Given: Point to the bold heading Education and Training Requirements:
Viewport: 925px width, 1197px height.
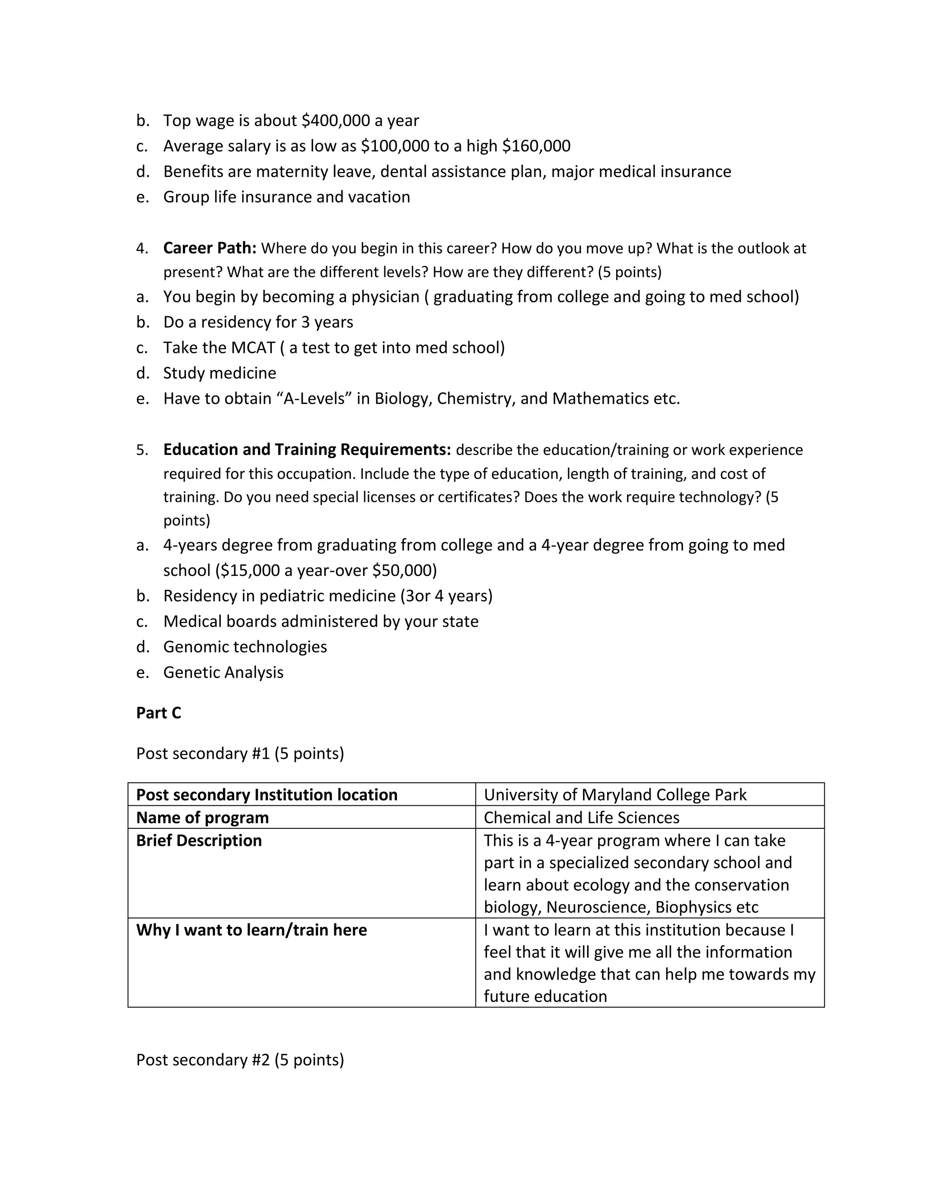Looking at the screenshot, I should (307, 449).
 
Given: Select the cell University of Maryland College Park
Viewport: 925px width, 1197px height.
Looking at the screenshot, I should (615, 795).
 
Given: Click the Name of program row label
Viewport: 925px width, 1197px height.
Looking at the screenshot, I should (202, 818).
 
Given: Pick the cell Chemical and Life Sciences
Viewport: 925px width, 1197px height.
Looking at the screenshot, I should (581, 818).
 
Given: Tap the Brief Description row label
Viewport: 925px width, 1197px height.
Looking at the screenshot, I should (199, 841).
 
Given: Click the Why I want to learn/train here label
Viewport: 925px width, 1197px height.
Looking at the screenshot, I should (252, 930).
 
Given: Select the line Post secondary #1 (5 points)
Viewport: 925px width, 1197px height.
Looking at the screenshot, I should (240, 753).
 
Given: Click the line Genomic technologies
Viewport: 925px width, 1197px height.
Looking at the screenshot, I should (245, 647).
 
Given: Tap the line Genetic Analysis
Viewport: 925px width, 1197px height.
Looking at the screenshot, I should (223, 673).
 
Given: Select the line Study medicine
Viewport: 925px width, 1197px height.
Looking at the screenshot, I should (220, 373).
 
